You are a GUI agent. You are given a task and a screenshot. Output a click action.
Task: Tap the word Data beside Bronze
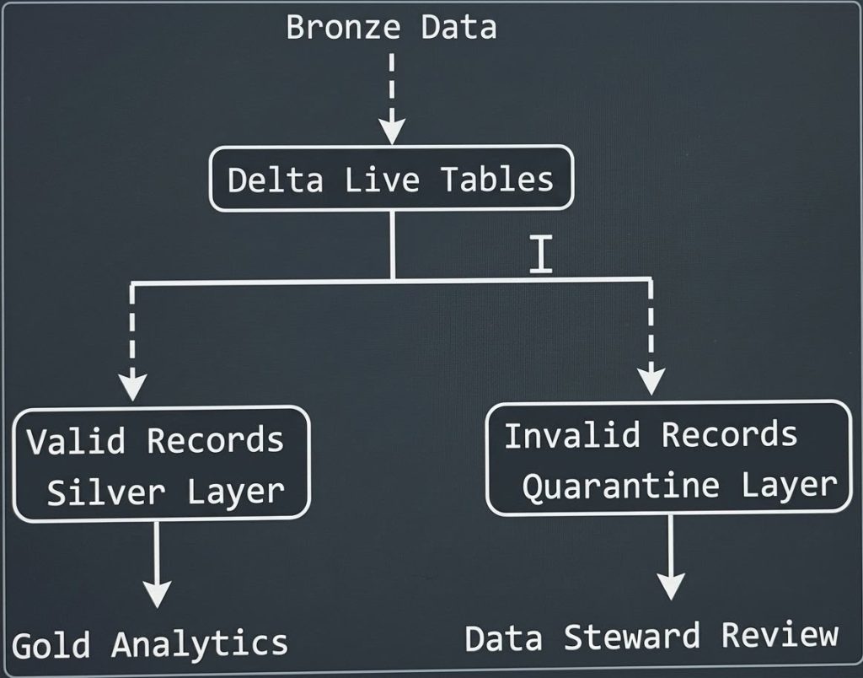pos(459,27)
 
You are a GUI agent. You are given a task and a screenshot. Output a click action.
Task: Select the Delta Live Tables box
pos(391,179)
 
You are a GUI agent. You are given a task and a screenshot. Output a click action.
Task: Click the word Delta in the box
pos(276,180)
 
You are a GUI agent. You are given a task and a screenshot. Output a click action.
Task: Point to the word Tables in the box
pos(497,180)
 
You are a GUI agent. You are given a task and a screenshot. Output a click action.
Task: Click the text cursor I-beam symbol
pos(541,254)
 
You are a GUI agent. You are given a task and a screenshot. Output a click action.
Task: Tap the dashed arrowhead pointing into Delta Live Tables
pos(391,131)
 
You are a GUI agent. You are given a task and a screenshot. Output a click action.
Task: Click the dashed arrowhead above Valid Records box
pos(132,386)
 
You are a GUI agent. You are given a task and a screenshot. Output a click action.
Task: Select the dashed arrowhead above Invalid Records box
pos(651,381)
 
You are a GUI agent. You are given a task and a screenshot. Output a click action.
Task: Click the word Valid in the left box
pos(76,441)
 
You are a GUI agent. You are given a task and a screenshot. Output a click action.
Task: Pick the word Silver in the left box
pos(105,492)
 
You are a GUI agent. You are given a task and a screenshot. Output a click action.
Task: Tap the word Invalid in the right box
pos(572,434)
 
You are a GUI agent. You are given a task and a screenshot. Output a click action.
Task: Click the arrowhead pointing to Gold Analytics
pos(157,594)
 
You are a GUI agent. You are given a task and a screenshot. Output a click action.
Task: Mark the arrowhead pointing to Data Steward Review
pos(671,586)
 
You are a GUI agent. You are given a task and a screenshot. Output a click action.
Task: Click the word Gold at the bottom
pos(51,645)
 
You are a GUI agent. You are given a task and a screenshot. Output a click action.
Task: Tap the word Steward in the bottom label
pos(632,637)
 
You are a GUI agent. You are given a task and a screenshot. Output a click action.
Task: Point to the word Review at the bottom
pos(780,635)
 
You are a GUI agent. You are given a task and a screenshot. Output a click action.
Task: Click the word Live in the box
pos(382,180)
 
